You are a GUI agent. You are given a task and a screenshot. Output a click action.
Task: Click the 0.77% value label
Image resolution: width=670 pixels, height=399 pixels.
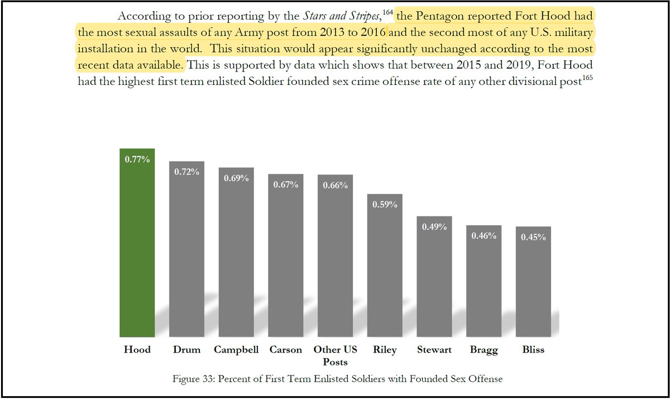pyautogui.click(x=137, y=160)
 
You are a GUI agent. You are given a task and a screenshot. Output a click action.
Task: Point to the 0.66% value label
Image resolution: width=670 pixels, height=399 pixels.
pyautogui.click(x=335, y=186)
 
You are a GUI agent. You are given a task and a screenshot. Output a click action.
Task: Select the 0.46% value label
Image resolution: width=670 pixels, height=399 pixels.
pyautogui.click(x=484, y=236)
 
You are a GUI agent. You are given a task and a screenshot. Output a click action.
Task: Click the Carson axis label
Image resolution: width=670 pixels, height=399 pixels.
pyautogui.click(x=285, y=350)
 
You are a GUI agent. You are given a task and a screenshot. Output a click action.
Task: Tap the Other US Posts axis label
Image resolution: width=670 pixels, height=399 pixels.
pyautogui.click(x=335, y=356)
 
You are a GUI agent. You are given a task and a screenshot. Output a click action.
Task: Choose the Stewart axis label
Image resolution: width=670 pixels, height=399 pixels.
pyautogui.click(x=434, y=350)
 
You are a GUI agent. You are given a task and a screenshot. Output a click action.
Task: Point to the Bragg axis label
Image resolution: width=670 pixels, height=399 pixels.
pyautogui.click(x=484, y=350)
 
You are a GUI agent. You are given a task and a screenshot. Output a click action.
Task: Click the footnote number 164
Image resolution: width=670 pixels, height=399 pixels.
pyautogui.click(x=387, y=12)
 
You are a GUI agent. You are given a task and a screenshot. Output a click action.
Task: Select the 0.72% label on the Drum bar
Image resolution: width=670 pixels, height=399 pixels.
pyautogui.click(x=186, y=172)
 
